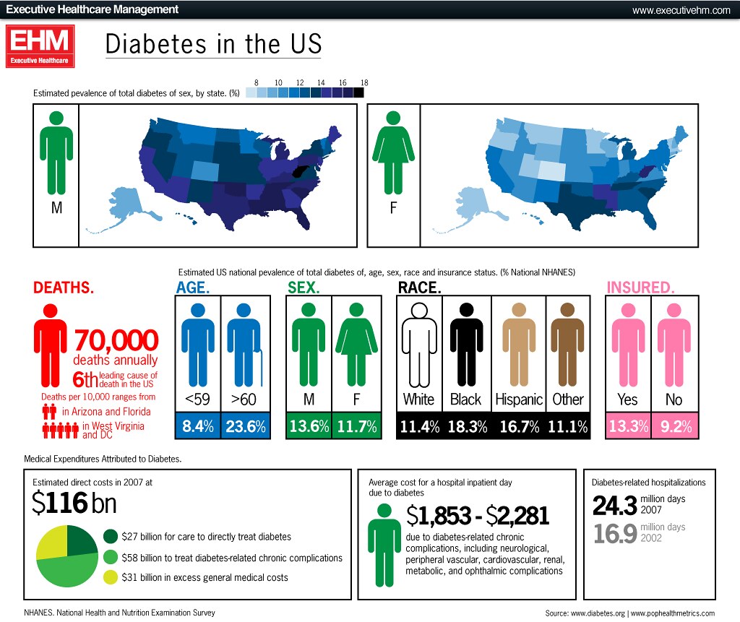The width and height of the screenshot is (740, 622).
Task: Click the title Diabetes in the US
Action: (213, 43)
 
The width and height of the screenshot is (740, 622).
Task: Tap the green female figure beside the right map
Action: (393, 152)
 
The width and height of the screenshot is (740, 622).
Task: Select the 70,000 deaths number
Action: (116, 340)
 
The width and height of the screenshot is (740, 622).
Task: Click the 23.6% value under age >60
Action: (246, 427)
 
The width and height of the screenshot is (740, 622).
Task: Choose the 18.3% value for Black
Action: (468, 427)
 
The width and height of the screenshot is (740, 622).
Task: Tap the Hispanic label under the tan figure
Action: (519, 399)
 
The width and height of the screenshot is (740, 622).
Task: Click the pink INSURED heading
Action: (641, 288)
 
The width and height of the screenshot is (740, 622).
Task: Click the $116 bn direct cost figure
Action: (74, 503)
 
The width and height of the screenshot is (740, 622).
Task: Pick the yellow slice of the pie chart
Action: (51, 542)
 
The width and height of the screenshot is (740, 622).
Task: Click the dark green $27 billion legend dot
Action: (110, 537)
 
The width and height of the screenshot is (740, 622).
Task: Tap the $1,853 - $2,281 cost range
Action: (478, 515)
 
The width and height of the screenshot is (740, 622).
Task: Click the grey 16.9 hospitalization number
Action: (614, 533)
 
